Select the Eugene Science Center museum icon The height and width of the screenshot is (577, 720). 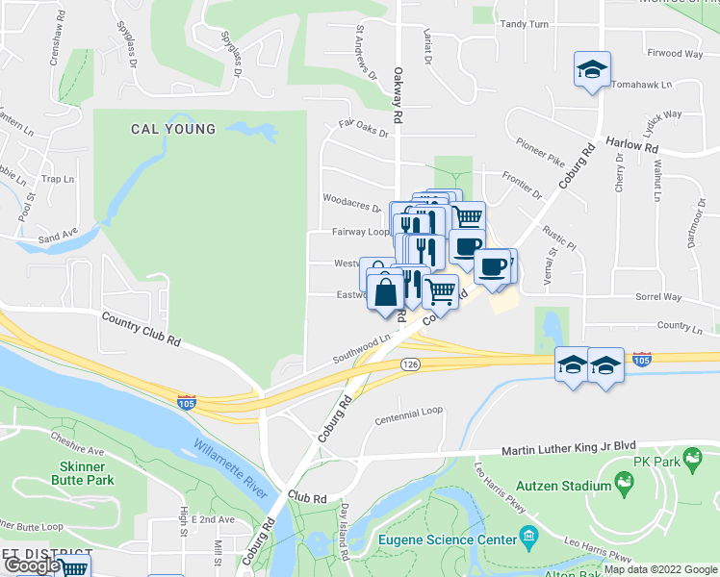(528, 537)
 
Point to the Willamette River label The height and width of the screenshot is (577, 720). (229, 469)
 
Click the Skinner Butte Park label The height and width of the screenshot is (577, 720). (82, 472)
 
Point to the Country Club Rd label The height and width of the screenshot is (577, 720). (141, 327)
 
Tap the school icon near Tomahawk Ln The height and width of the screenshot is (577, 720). (592, 69)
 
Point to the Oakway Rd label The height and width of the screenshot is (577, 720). (397, 95)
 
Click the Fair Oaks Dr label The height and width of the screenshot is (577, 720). (363, 127)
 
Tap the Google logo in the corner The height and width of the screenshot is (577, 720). (32, 566)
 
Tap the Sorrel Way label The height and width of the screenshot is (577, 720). (657, 297)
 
